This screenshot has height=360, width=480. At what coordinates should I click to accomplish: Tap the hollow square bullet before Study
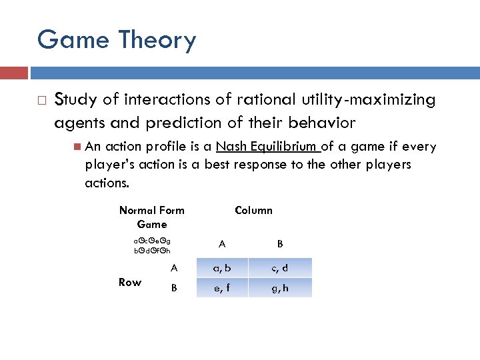pyautogui.click(x=41, y=101)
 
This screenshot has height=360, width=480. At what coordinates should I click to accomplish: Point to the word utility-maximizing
pyautogui.click(x=373, y=100)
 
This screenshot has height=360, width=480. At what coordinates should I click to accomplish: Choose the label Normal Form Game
pyautogui.click(x=151, y=217)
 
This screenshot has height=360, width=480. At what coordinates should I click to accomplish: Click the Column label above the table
pyautogui.click(x=253, y=210)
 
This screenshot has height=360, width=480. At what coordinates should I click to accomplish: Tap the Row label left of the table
pyautogui.click(x=129, y=282)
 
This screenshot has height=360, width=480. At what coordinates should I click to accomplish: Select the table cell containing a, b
pyautogui.click(x=222, y=269)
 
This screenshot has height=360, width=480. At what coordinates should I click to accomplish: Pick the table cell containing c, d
pyautogui.click(x=280, y=269)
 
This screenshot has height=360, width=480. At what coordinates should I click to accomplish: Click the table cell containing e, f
pyautogui.click(x=222, y=288)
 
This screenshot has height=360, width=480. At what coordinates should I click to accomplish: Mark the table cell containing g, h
pyautogui.click(x=280, y=288)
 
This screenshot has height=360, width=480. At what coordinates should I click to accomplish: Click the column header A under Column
pyautogui.click(x=222, y=244)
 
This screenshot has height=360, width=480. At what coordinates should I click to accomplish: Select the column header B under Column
pyautogui.click(x=280, y=244)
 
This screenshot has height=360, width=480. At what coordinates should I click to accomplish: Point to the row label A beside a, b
pyautogui.click(x=173, y=268)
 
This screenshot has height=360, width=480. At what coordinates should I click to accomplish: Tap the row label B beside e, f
pyautogui.click(x=173, y=288)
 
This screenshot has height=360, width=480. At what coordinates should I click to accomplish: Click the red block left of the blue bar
pyautogui.click(x=13, y=73)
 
